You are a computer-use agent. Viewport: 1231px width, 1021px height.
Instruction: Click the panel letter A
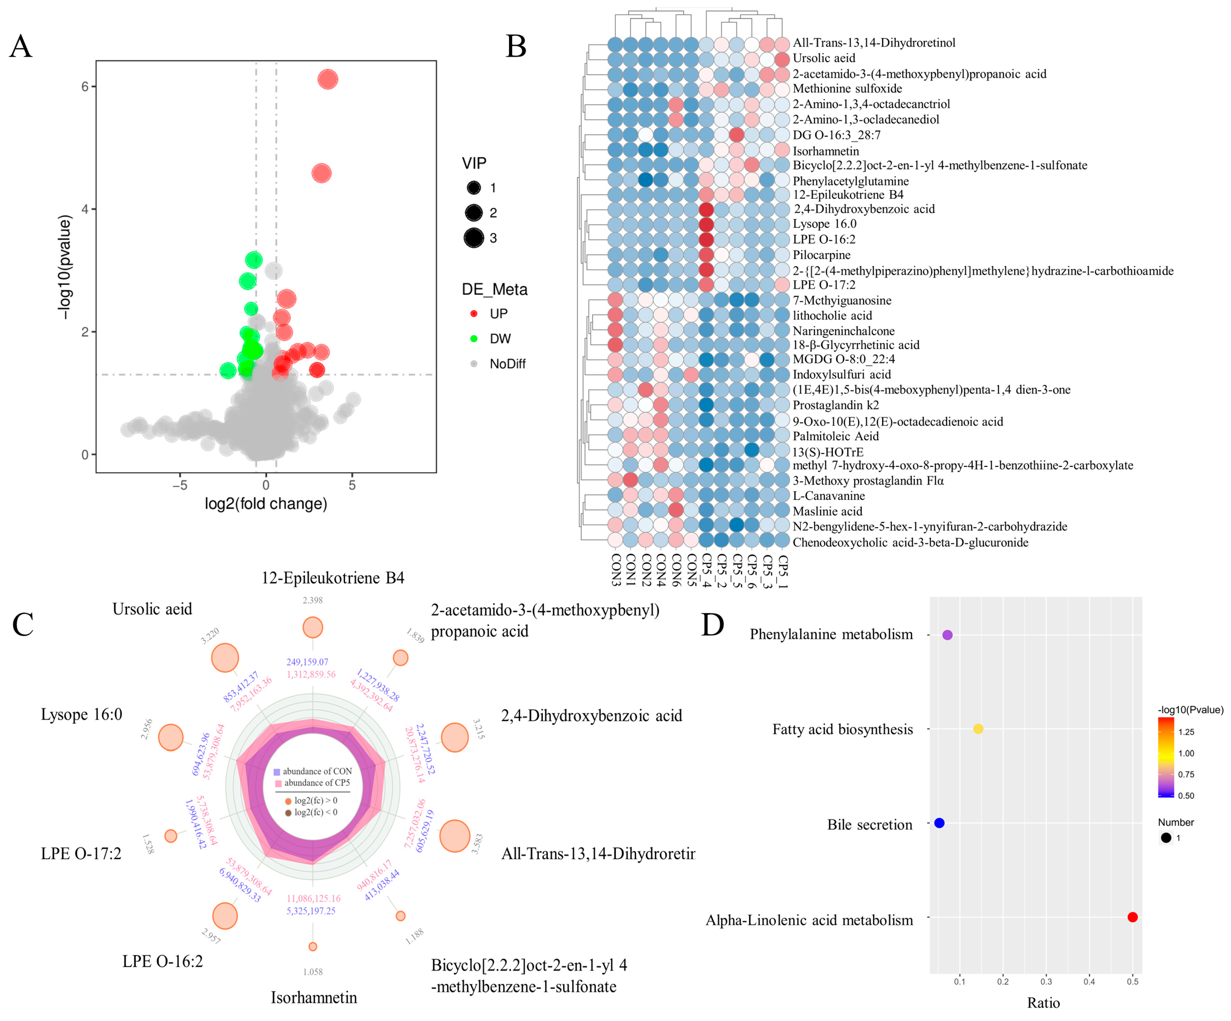coord(21,46)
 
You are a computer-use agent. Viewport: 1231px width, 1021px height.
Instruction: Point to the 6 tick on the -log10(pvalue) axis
coord(85,87)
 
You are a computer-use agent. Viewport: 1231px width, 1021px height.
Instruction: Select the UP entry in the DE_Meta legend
coord(498,314)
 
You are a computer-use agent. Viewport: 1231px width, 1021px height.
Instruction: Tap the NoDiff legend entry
coord(507,364)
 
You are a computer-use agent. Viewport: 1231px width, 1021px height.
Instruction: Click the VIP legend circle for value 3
coord(473,238)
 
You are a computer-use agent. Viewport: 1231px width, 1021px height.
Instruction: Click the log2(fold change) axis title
coord(265,504)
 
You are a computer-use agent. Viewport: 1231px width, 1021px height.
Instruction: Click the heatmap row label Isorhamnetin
coord(825,151)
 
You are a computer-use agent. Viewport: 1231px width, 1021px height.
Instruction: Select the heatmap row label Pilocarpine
coord(821,255)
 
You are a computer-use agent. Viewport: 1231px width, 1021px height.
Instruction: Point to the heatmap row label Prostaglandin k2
coord(835,405)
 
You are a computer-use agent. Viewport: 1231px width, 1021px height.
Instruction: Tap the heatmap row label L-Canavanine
coord(828,496)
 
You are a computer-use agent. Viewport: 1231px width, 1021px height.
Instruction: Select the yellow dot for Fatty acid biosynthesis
coord(978,729)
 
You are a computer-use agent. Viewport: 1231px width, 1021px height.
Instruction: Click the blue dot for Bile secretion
coord(939,823)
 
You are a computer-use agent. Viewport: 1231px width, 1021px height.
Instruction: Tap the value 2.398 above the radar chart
coord(313,600)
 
